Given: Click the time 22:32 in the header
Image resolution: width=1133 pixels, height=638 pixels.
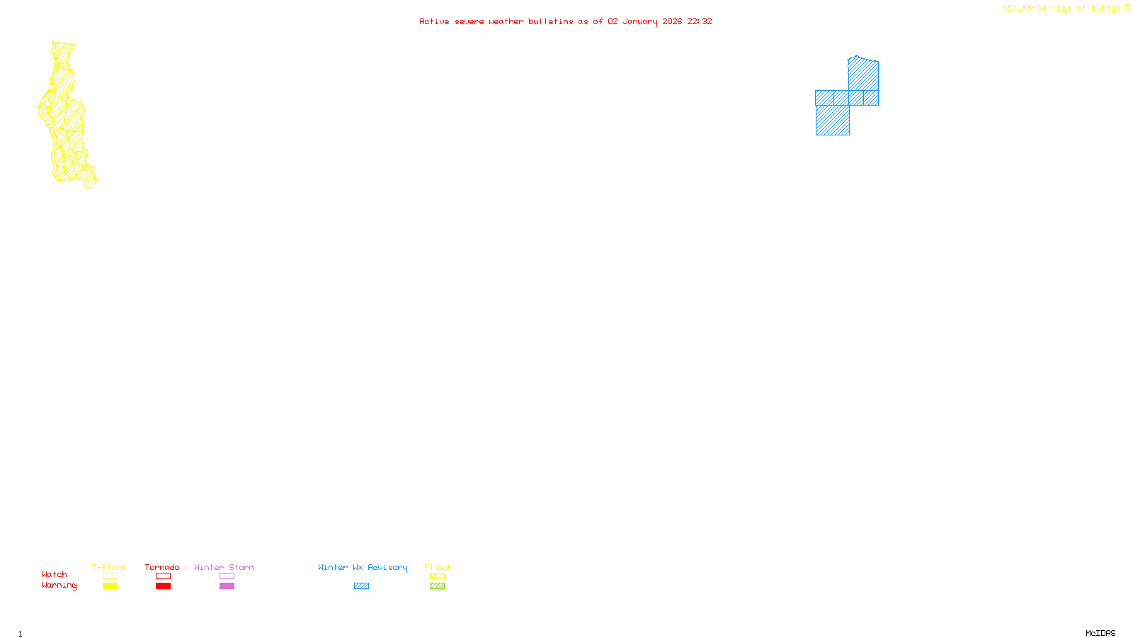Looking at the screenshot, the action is [x=700, y=21].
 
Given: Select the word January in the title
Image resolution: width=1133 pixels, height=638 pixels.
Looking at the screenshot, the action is [x=640, y=21].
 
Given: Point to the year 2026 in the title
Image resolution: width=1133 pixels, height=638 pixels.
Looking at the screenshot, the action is [x=672, y=21].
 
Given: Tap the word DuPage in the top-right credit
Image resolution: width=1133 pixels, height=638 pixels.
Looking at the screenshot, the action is [x=1105, y=9].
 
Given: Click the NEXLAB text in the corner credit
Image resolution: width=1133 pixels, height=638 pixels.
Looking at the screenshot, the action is [x=1018, y=9].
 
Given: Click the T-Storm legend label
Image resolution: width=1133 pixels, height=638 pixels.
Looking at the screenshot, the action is [x=109, y=567].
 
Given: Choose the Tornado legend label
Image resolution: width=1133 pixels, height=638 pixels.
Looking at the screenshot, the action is [x=162, y=567].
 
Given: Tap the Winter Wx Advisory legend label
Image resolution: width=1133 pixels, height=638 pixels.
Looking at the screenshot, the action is [x=363, y=567].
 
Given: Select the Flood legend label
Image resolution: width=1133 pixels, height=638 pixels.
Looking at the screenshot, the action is [x=437, y=567].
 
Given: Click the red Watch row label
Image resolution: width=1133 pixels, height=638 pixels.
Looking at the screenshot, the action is [x=55, y=574].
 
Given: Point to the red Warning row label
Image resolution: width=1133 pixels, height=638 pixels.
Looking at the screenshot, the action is [x=59, y=586].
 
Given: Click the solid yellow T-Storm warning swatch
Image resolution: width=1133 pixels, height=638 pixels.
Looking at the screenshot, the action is [x=110, y=586].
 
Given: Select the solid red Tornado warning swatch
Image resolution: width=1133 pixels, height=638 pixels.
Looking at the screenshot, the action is [x=163, y=586].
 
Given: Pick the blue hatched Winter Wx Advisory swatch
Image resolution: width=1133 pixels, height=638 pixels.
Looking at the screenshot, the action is [x=361, y=586].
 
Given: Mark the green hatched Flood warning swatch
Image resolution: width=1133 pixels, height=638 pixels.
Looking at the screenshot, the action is [x=437, y=586].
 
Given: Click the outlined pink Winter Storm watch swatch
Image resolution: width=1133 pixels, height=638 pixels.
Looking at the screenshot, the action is [x=227, y=576].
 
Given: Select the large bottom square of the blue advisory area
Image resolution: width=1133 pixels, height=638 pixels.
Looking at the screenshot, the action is [x=832, y=120].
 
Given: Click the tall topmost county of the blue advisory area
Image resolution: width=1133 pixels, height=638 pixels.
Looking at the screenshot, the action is [x=863, y=74].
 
